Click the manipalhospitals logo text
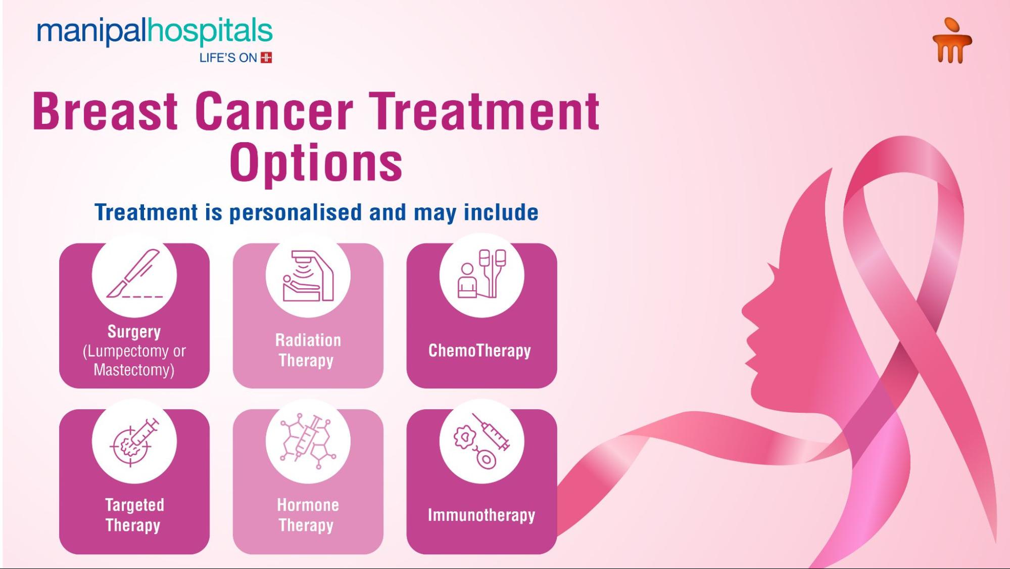coord(155,31)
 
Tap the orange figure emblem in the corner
coord(952,41)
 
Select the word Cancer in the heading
coord(274,111)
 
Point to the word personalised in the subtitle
coord(296,212)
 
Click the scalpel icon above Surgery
coord(134,274)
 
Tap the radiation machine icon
coord(308,276)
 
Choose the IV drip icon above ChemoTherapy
coord(482,274)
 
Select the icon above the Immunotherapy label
coord(482,441)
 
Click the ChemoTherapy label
coord(479,351)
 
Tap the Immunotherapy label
coord(482,515)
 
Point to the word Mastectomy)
coord(134,370)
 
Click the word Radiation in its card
coord(308,340)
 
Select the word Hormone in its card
coord(308,505)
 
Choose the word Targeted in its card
coord(134,505)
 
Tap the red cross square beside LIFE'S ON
coord(266,58)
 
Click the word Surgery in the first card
coord(134,332)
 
